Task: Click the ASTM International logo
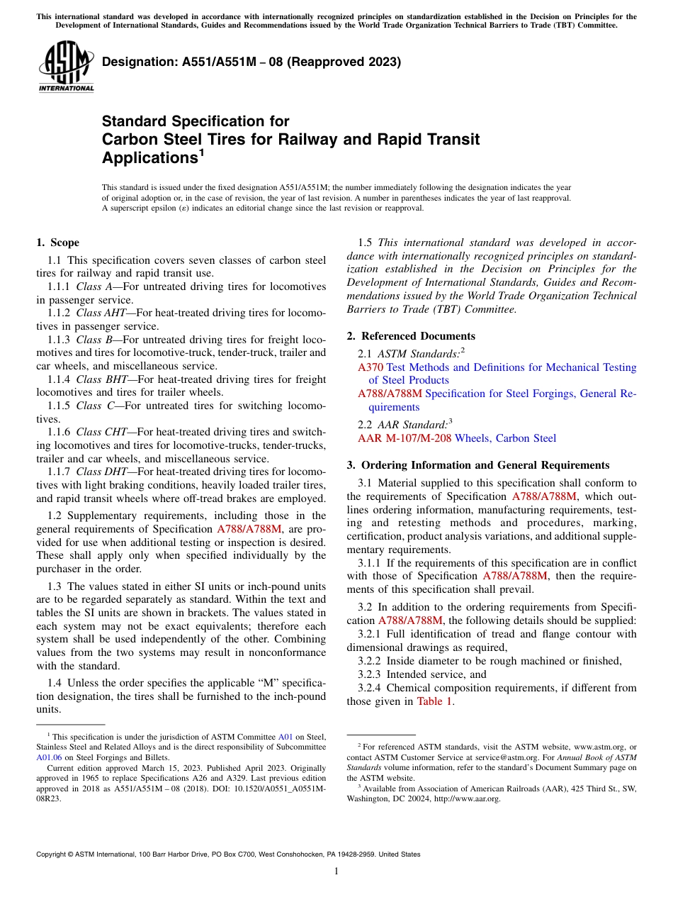coord(66,67)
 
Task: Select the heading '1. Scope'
coord(57,243)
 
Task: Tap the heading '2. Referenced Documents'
coord(411,336)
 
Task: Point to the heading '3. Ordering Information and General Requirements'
coord(477,465)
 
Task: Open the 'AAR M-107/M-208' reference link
coord(405,438)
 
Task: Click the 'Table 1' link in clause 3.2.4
coord(434,701)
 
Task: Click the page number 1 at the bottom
coord(336,872)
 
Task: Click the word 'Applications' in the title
coord(148,157)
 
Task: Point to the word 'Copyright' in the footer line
coord(54,854)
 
